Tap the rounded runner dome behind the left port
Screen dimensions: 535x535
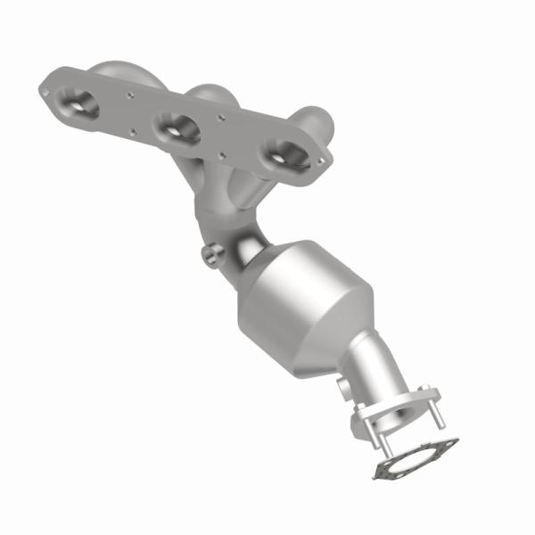tap(120, 70)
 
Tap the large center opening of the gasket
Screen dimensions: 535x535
tap(419, 461)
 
